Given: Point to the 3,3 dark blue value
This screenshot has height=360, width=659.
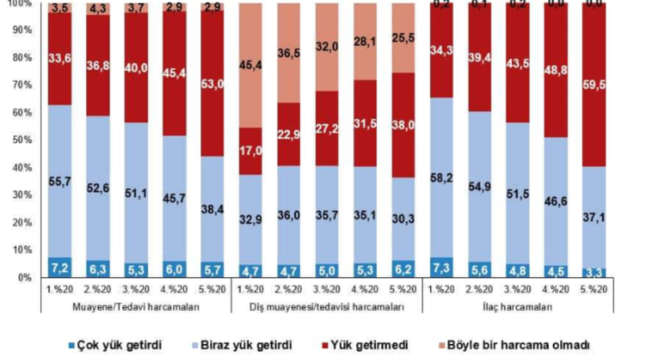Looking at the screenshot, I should (595, 272).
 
